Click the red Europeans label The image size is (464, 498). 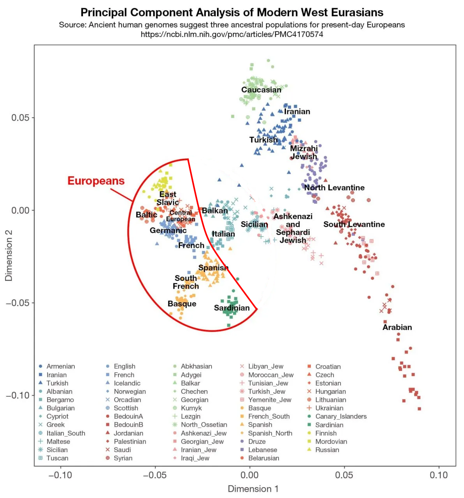tap(96, 181)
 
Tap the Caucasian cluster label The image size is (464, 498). tap(261, 90)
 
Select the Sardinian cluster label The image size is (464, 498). tap(232, 308)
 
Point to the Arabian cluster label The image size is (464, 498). tap(397, 327)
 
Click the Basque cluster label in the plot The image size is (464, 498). tap(182, 304)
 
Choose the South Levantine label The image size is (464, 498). tap(354, 224)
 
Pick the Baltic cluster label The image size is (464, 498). tap(146, 215)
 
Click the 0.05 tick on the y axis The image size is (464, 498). tap(20, 118)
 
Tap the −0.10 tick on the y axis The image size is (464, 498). tap(18, 395)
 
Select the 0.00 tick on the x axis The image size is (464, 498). tap(249, 475)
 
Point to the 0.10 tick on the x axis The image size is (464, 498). tap(439, 475)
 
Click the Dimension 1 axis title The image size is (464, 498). tap(253, 489)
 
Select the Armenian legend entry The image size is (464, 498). tap(60, 366)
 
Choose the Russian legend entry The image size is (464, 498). tap(327, 450)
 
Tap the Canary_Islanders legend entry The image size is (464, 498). tap(341, 416)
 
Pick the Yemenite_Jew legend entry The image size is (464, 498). tap(270, 400)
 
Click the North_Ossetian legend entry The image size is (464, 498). tap(204, 425)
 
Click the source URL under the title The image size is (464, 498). tap(232, 34)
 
